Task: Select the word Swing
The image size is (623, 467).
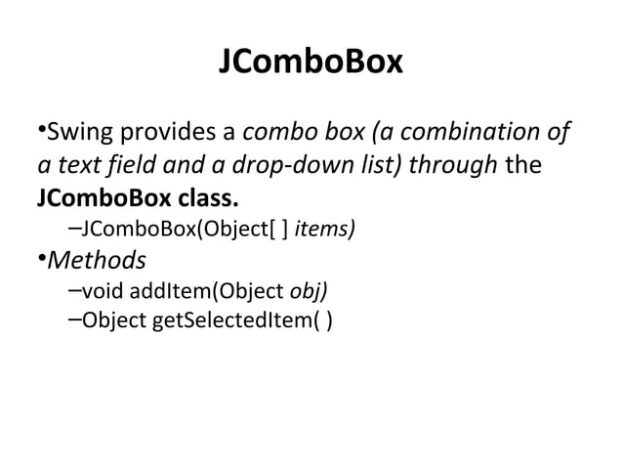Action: [77, 131]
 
